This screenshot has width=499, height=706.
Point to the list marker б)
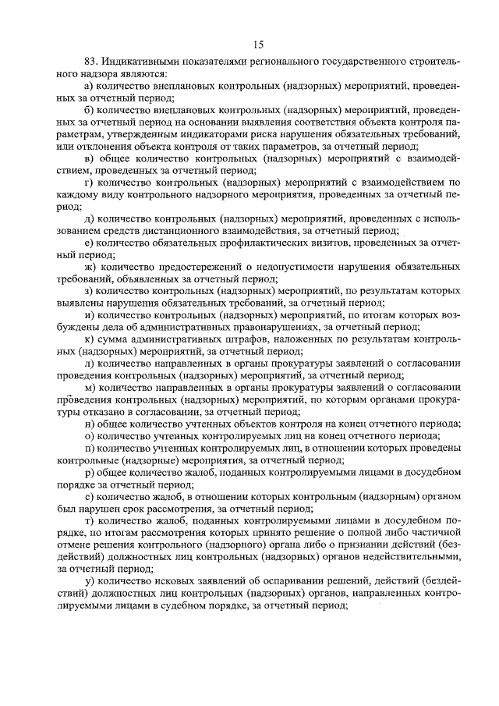[x=89, y=110]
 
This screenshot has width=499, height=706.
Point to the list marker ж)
[x=90, y=270]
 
